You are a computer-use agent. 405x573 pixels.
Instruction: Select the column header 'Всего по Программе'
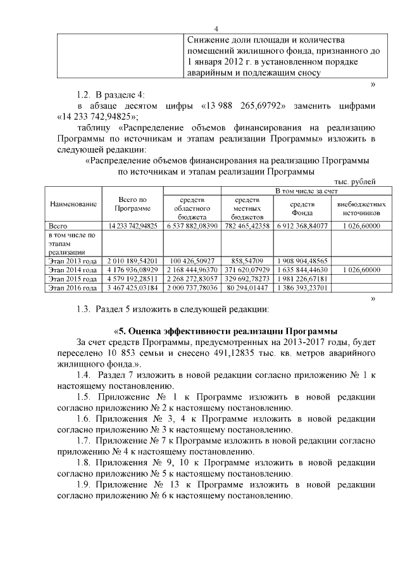tap(133, 205)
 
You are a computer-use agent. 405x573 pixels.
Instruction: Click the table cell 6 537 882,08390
tap(192, 226)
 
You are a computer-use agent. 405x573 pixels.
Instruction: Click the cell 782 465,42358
tap(247, 226)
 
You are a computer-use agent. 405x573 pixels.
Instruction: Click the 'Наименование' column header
tap(73, 205)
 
